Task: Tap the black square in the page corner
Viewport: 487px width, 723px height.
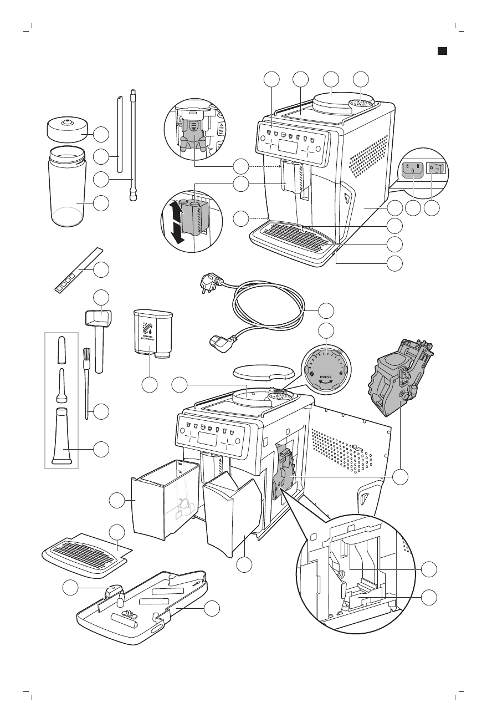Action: click(x=442, y=51)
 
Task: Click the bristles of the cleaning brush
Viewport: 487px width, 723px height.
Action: click(x=87, y=355)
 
